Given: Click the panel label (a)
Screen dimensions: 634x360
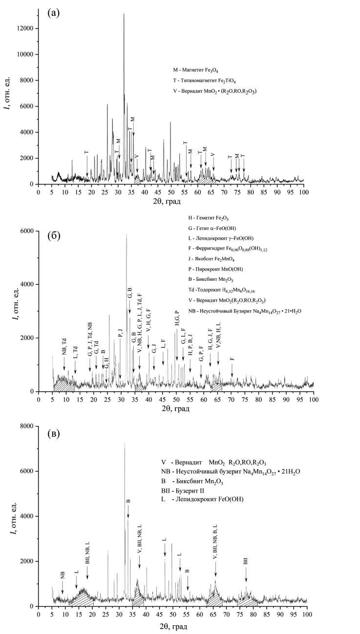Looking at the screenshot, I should pos(53,13).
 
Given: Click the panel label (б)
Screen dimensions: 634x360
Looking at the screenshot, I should pos(54,236).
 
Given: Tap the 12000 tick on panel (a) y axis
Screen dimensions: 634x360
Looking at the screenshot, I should pos(24,28).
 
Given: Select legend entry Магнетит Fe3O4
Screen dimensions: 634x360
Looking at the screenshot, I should pos(195,70).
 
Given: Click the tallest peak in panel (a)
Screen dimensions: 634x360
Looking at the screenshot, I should pos(124,15).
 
